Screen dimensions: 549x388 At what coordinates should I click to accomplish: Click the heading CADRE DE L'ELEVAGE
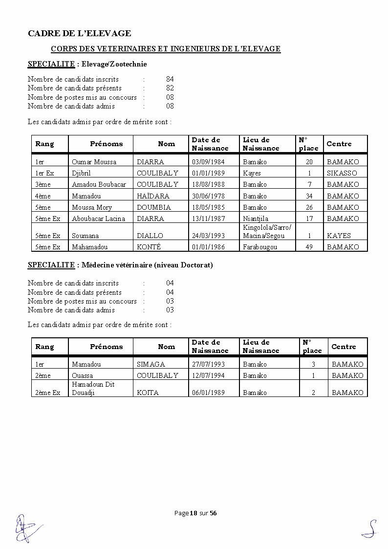coord(79,33)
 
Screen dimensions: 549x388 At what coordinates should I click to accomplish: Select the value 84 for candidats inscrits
coord(170,79)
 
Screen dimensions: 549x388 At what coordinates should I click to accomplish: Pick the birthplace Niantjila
coord(255,219)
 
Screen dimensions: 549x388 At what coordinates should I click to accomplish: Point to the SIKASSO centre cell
coord(342,173)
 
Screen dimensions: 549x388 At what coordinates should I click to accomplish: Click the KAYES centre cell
coord(339,236)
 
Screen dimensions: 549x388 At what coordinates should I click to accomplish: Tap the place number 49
coord(308,247)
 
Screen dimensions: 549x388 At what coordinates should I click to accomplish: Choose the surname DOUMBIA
coord(153,207)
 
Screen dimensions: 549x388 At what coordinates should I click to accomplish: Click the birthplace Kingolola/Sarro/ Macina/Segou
coord(267,232)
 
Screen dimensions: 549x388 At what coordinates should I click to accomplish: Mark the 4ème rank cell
coord(43,196)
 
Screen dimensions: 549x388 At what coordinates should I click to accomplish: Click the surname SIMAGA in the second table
coord(151,364)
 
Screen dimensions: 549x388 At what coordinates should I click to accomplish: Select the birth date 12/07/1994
coord(209,375)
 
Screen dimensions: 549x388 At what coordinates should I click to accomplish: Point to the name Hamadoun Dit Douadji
coord(93,388)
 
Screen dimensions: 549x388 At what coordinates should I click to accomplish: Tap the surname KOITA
coord(148,393)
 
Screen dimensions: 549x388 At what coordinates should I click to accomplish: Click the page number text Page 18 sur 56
coord(195,513)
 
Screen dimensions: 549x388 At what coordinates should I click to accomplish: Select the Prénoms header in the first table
coord(106,144)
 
